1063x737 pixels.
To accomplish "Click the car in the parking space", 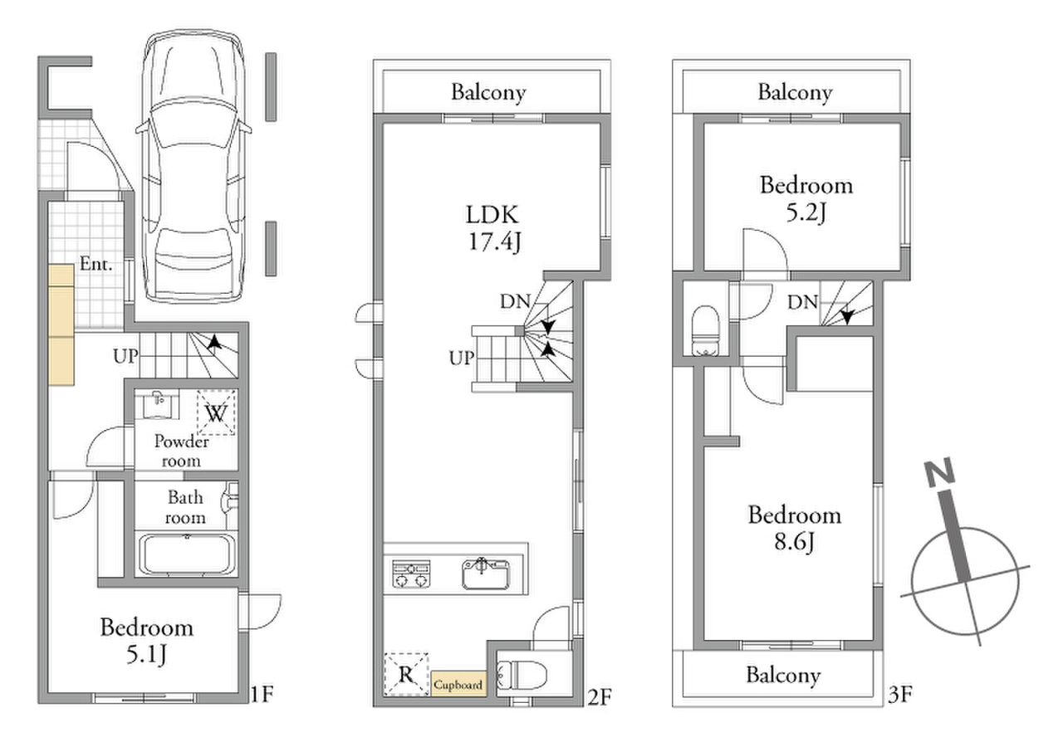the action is coord(193,166).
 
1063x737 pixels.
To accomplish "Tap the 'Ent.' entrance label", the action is coord(96,264).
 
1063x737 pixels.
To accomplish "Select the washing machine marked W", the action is coord(217,412).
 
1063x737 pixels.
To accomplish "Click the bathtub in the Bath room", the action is coord(187,554).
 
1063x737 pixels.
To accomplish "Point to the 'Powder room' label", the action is coord(181,451).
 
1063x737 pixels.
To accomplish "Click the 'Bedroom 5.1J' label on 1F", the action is coord(147,641).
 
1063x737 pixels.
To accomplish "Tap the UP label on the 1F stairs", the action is coord(125,356).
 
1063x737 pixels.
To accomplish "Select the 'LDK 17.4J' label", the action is coord(493,228).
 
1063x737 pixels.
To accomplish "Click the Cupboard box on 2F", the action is coord(459,683).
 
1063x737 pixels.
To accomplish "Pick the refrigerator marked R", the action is coord(406,674).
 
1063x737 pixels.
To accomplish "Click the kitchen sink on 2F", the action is coord(486,573).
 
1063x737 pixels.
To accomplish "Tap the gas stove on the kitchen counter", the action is coord(411,573).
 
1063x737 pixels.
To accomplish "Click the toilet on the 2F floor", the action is coord(522,675).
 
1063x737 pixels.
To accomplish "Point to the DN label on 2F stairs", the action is coord(515,301).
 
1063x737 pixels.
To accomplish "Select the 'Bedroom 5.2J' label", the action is coord(806,198).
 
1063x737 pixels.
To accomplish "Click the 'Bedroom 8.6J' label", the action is coord(795,528).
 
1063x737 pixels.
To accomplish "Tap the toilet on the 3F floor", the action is coord(706,331).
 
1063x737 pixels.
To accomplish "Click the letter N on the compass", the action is coord(939,472).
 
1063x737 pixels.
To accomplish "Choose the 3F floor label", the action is coord(899,695).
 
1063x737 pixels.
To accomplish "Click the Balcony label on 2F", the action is coord(488,92).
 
